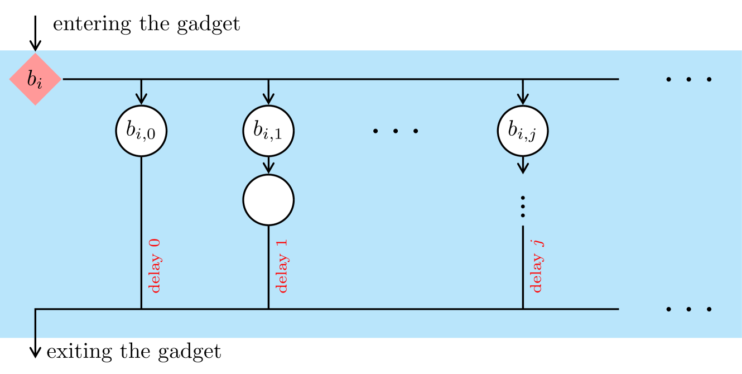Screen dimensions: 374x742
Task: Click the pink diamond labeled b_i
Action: (x=35, y=79)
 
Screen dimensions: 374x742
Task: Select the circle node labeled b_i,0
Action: (x=141, y=131)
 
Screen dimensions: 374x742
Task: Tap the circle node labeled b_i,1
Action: (x=268, y=131)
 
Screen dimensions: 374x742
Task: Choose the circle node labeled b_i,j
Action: (x=523, y=131)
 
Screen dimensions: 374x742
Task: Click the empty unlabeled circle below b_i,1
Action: (x=268, y=200)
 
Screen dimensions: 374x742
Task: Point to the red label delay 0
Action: (x=155, y=266)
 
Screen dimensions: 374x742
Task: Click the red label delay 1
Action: (x=282, y=266)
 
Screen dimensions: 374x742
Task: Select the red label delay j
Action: (x=537, y=266)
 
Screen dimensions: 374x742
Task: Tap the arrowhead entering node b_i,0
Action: (x=141, y=99)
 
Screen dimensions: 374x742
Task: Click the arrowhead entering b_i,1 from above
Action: (x=268, y=99)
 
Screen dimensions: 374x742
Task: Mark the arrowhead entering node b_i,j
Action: (x=523, y=99)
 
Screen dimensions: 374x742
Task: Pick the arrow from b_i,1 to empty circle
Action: (x=268, y=166)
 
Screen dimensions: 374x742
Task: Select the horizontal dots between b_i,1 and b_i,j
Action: (x=396, y=131)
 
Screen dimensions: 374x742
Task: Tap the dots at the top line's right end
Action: (x=689, y=79)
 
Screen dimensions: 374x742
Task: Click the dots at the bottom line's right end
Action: (x=689, y=309)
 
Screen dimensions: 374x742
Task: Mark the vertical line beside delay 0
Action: (x=141, y=234)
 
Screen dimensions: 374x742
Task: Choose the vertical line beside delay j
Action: (x=523, y=268)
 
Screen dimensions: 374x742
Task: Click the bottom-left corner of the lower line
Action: (x=36, y=309)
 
